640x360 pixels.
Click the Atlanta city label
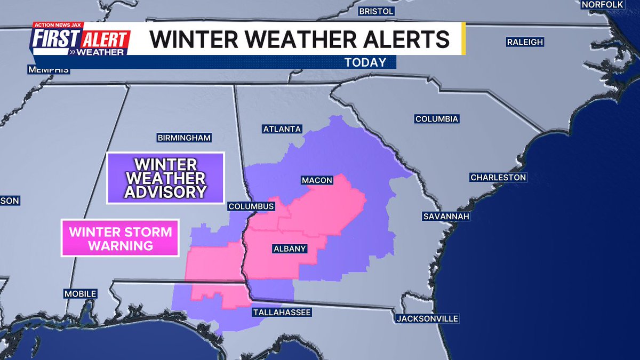(282, 129)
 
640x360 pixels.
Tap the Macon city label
(317, 180)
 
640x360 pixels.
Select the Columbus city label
(251, 206)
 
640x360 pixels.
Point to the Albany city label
(289, 249)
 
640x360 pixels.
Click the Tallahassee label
(282, 312)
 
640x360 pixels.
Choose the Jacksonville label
(427, 318)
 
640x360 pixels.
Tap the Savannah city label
(446, 216)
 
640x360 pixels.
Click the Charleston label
(498, 177)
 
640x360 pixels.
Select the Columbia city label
(436, 119)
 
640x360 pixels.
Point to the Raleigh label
(525, 42)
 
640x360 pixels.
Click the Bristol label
(376, 11)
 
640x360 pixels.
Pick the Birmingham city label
(185, 138)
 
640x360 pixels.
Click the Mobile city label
(80, 294)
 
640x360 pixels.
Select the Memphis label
(49, 70)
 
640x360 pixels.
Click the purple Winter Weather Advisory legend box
(165, 178)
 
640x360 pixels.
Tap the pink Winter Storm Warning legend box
(120, 238)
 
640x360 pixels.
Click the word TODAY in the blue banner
(365, 62)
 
